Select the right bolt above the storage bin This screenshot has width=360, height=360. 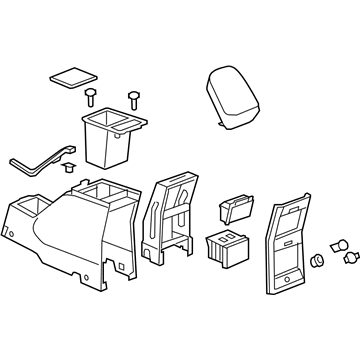pos(133,100)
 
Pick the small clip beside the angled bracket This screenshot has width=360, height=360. pos(72,154)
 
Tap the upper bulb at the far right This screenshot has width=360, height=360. pos(336,244)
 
